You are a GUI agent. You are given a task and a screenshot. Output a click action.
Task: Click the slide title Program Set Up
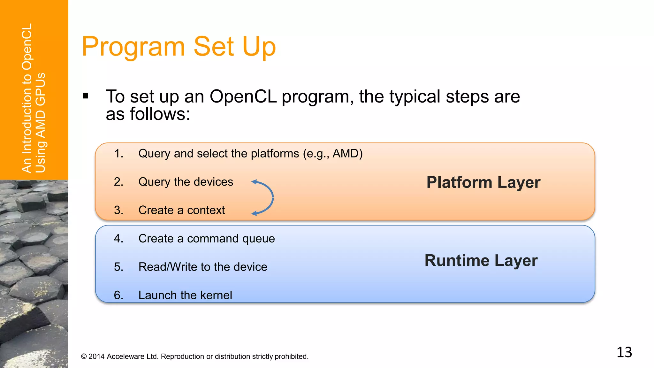coord(179,47)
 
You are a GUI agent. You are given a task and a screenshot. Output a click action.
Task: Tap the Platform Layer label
coord(483,182)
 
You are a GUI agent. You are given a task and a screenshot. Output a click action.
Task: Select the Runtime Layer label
coord(481,260)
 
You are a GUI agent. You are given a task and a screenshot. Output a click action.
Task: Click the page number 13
coord(624,352)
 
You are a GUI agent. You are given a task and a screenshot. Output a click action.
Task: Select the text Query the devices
coord(186,182)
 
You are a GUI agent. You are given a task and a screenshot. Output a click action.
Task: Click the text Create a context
coord(181,210)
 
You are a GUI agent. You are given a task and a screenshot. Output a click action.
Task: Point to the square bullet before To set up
coord(85,96)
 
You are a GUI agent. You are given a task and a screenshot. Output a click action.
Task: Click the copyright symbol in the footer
coord(84,356)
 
